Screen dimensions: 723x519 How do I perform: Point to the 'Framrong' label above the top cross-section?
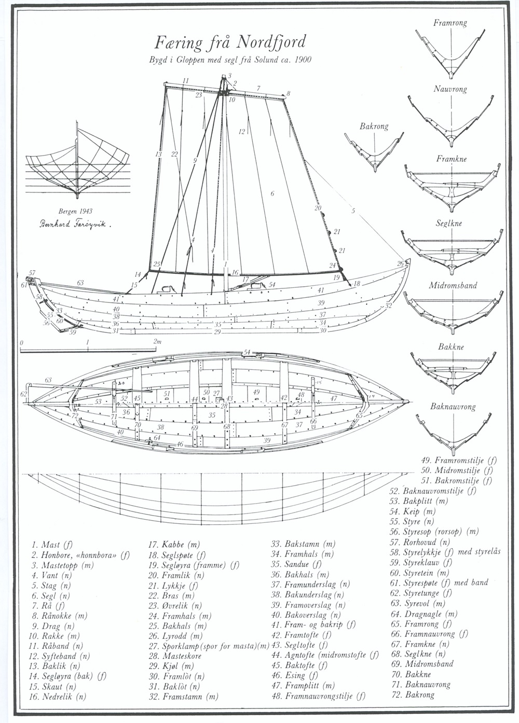pos(449,23)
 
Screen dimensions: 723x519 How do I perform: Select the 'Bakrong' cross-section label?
pos(374,127)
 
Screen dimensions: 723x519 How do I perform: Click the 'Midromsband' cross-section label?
pos(453,285)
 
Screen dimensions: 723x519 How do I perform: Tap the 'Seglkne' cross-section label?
pos(449,224)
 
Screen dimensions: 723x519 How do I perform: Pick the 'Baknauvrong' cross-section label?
pos(453,407)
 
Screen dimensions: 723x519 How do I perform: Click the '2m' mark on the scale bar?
pos(157,342)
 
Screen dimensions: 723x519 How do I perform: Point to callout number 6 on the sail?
pos(272,194)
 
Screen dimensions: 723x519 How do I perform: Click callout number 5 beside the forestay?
pos(353,211)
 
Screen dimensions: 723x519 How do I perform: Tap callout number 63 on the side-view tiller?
pos(80,283)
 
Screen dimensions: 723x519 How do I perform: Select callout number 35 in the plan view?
pos(212,415)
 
